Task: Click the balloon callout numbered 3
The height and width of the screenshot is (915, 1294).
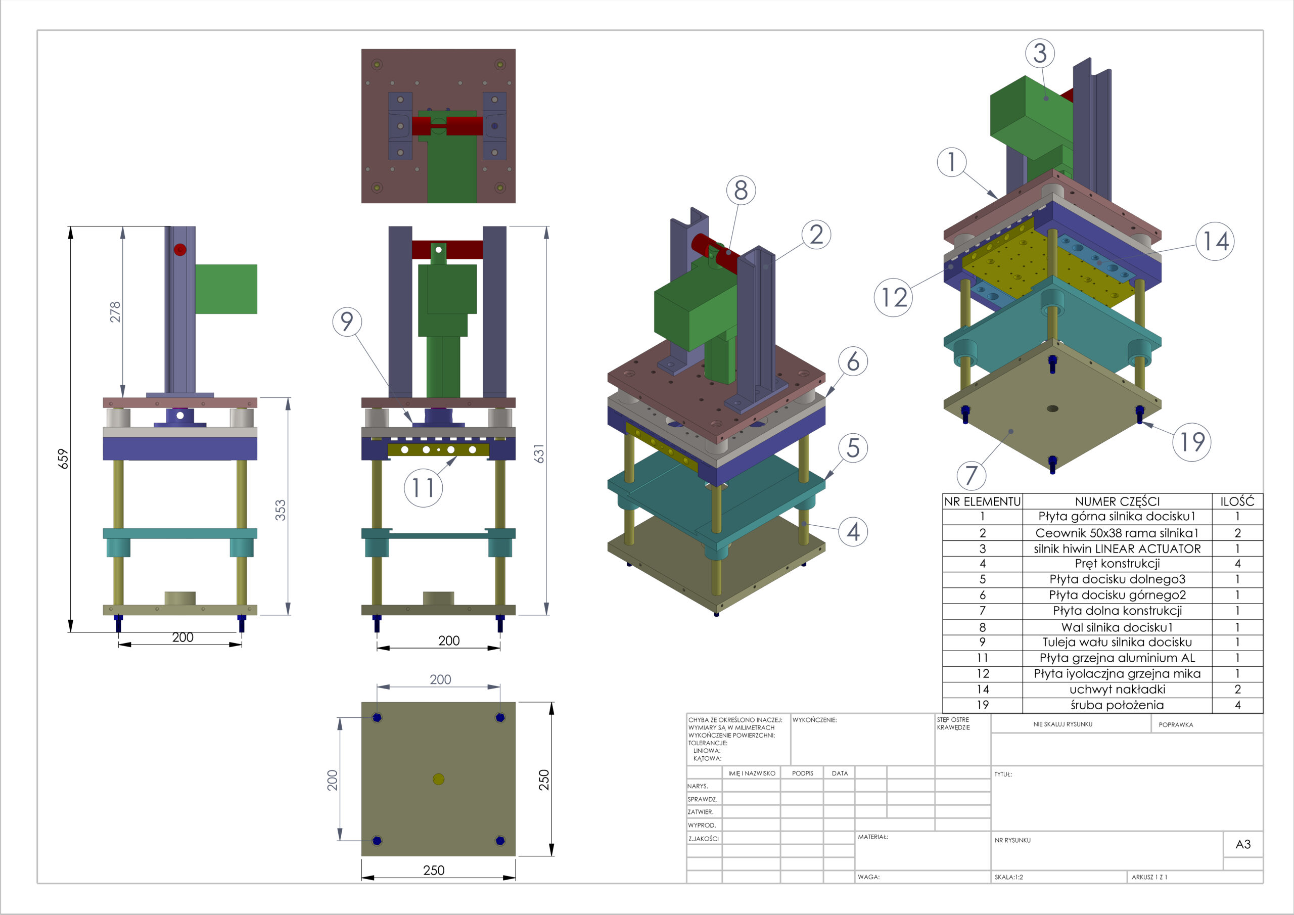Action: [x=1040, y=53]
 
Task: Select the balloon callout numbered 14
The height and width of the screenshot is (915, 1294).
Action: [x=1215, y=241]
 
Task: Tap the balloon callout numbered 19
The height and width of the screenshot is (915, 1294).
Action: [x=1192, y=442]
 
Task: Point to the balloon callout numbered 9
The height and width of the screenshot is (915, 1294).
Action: [x=347, y=322]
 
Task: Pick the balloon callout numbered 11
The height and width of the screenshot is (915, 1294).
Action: [x=423, y=488]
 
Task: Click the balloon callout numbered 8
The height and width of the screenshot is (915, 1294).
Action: [x=741, y=191]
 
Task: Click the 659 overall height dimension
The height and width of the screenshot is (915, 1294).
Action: [x=63, y=459]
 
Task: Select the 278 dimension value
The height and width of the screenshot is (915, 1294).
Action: [x=115, y=312]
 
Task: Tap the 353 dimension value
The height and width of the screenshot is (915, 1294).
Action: [x=280, y=510]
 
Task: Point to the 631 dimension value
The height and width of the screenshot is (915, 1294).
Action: [x=539, y=454]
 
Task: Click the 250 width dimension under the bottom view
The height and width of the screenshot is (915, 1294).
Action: [x=434, y=871]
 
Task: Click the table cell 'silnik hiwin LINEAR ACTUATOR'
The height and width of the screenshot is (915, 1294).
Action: [x=1117, y=548]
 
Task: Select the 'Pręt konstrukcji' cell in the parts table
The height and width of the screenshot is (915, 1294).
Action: [x=1117, y=564]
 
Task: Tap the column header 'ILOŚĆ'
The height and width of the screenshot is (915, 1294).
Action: [x=1238, y=501]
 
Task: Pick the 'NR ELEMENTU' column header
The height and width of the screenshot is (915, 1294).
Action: [x=982, y=501]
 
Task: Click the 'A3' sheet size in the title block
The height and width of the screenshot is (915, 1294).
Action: [x=1243, y=844]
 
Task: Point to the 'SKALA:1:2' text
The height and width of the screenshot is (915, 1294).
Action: [x=1009, y=877]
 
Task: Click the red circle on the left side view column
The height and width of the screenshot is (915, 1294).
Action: [x=180, y=249]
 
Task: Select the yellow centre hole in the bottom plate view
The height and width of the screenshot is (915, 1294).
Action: [x=438, y=779]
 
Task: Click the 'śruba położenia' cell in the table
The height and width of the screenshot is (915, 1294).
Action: [x=1117, y=705]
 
